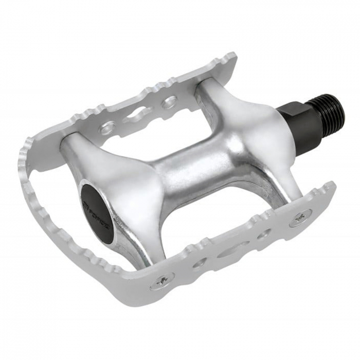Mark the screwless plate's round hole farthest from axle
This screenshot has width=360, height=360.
coord(107,127)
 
